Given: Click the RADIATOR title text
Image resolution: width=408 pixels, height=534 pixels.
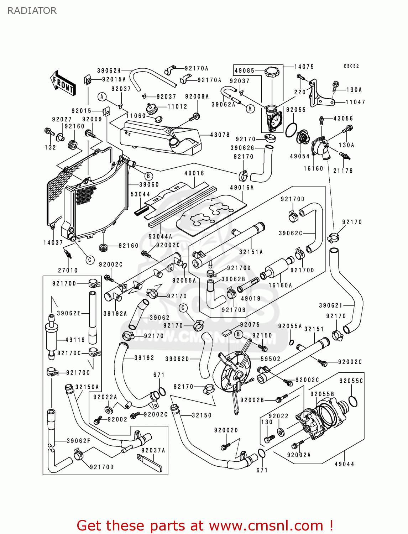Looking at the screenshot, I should coord(32,11).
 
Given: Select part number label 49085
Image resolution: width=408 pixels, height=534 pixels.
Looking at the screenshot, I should coord(245,70).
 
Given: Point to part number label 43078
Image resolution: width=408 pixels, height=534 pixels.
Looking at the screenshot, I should coord(220,135).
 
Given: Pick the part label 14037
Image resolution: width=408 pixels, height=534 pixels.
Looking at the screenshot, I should coord(53,242).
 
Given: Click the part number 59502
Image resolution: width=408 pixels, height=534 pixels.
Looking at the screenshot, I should coord(271,359).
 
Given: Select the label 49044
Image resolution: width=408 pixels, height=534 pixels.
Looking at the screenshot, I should coord(344,464).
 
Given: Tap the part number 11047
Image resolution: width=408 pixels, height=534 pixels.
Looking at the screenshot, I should coord(355,102).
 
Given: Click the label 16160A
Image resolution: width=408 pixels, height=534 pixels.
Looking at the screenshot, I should coord(280,285).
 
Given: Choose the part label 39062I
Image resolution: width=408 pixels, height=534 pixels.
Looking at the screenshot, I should coord(330,305).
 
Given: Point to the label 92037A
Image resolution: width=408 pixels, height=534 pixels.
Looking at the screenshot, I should coord(153,450).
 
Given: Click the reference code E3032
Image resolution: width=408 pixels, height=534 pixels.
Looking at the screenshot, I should coord(351,66).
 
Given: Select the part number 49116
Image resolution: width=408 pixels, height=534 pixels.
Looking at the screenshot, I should coord(75,340).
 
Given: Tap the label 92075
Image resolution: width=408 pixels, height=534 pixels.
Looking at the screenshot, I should coord(250,325).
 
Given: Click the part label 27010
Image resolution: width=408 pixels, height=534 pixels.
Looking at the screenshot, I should coord(68,270).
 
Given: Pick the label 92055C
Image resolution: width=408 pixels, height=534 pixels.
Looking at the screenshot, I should coord(351,381).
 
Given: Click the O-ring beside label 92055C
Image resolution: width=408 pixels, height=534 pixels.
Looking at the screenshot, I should coord(352,401).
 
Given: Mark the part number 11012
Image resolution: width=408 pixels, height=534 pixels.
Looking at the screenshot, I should coord(177,106).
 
